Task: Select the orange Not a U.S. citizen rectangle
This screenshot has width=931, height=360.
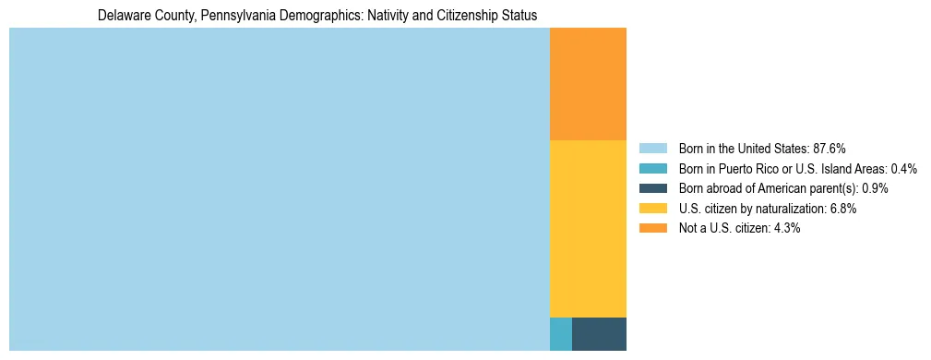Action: coord(588,84)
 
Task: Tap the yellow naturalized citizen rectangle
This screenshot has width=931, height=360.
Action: coord(588,228)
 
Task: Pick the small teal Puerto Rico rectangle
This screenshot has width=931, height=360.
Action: coord(560,333)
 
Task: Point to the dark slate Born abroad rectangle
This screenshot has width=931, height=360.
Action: coord(599,333)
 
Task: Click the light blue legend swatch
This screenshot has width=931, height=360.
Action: coord(652,149)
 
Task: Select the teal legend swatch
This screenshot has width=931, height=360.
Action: coord(652,169)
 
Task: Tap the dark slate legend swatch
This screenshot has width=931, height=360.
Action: coord(652,188)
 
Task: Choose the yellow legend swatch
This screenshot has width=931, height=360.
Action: coord(652,209)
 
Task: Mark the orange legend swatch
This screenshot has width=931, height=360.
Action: coord(652,228)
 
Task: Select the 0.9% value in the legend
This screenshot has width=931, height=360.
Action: coord(875,188)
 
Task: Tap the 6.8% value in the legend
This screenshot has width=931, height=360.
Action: coord(843,209)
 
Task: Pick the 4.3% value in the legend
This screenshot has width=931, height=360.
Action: coord(787,228)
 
